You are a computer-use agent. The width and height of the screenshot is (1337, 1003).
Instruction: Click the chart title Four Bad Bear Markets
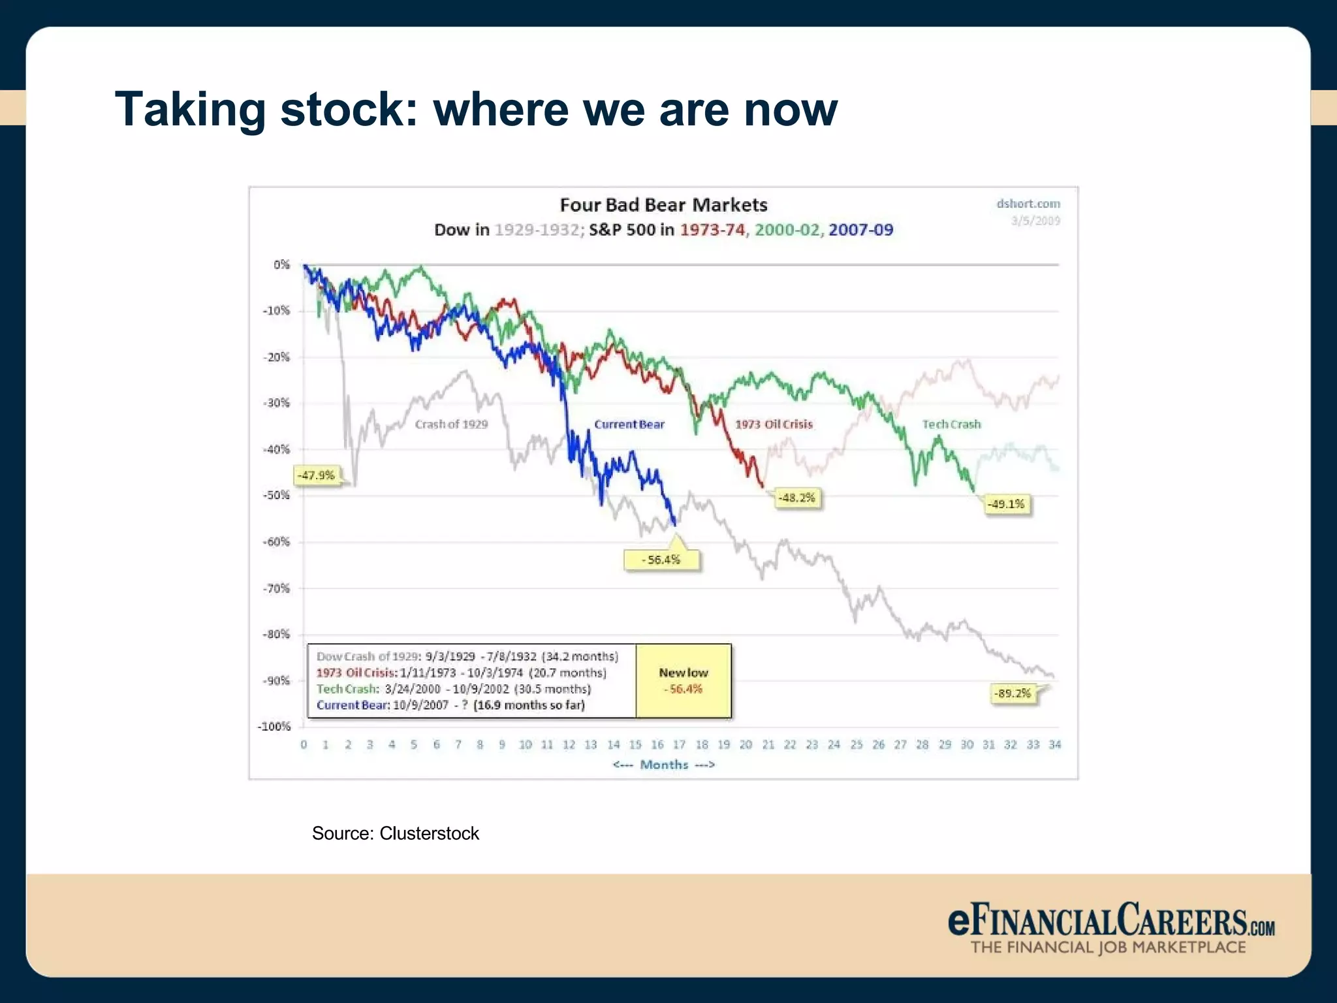coord(663,205)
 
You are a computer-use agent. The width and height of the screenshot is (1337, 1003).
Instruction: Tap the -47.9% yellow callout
coord(317,475)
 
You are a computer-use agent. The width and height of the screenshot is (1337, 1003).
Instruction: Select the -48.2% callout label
coord(797,498)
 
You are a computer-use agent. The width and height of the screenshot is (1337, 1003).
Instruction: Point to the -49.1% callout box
coord(1006,504)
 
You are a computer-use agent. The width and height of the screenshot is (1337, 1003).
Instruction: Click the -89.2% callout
coord(1012,693)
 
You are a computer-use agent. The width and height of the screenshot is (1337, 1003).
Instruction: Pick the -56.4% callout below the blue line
coord(661,560)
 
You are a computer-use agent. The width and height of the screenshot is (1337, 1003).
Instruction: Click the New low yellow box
coord(683,680)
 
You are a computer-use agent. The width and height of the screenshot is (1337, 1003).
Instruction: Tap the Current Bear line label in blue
coord(629,424)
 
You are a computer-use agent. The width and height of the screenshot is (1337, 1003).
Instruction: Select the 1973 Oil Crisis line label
coord(774,424)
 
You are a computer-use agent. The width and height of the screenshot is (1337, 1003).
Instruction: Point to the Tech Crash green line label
coord(951,424)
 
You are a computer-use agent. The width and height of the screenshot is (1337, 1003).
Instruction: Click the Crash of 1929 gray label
coord(451,424)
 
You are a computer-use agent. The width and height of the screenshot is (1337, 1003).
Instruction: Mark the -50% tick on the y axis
coord(277,495)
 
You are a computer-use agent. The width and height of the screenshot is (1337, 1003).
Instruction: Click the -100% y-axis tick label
coord(274,727)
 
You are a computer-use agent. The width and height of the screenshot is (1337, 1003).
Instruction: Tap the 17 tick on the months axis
coord(679,744)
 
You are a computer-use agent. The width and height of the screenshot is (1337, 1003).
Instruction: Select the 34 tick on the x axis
coord(1054,744)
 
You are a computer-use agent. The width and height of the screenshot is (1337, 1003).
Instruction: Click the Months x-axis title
coord(663,765)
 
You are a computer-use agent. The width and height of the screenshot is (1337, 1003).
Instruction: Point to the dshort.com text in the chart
coord(1028,204)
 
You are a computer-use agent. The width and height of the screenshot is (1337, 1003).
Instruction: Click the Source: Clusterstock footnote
coord(395,833)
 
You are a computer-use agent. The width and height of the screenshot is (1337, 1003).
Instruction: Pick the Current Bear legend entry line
coord(450,705)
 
